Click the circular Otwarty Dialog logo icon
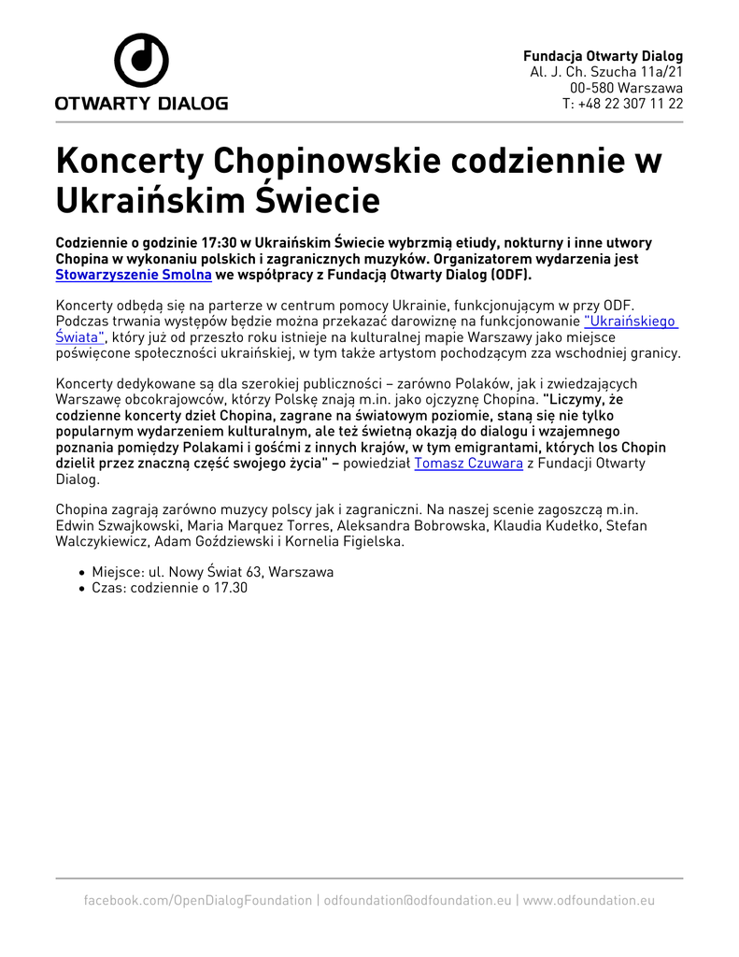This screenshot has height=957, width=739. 141,60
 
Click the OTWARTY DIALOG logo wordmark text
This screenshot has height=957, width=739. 141,104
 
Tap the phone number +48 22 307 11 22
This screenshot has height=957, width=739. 630,104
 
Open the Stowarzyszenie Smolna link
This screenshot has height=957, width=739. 134,275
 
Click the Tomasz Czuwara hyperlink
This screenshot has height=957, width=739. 468,464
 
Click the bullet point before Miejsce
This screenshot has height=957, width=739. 82,573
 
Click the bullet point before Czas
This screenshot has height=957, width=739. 82,589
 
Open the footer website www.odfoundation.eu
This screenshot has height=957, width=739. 589,900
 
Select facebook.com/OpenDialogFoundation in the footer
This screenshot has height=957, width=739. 198,900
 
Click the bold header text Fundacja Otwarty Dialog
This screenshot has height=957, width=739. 603,56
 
